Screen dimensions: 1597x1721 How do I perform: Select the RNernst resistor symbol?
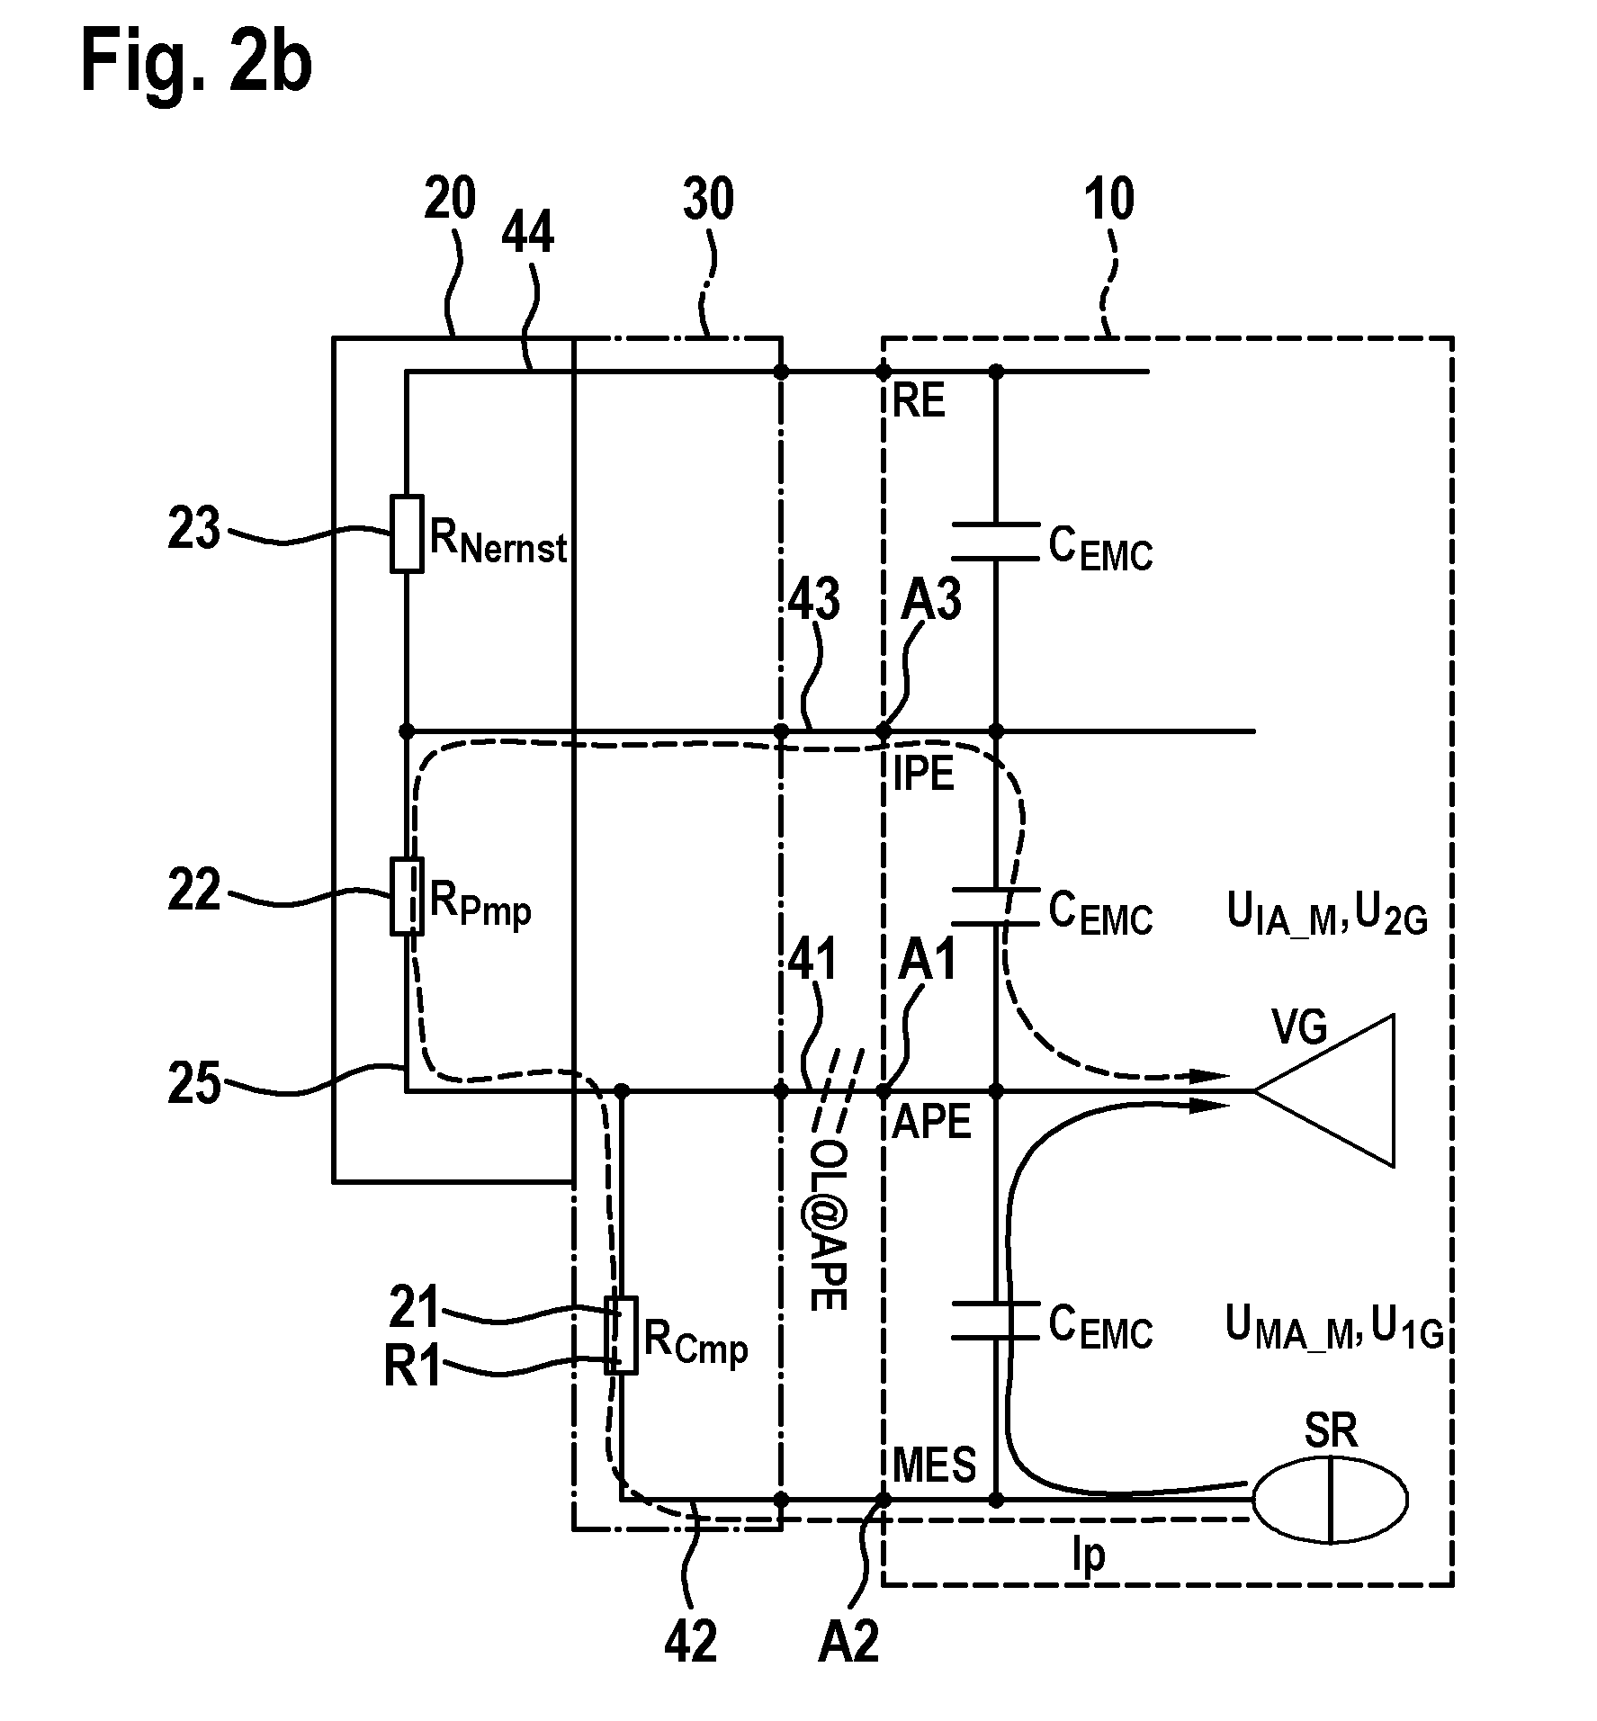(x=407, y=533)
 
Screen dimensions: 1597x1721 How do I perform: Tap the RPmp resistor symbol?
(x=407, y=897)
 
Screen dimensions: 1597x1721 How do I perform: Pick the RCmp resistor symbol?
(x=621, y=1335)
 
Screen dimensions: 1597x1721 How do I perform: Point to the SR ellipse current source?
(x=1330, y=1499)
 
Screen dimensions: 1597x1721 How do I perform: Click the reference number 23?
(x=194, y=530)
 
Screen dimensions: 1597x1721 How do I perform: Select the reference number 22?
(x=194, y=892)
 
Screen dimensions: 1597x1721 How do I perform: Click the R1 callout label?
(x=414, y=1368)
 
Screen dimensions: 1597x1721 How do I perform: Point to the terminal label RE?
(x=920, y=401)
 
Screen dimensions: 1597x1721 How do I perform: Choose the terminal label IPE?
(x=924, y=774)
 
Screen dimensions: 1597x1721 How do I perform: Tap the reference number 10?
(x=1109, y=200)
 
